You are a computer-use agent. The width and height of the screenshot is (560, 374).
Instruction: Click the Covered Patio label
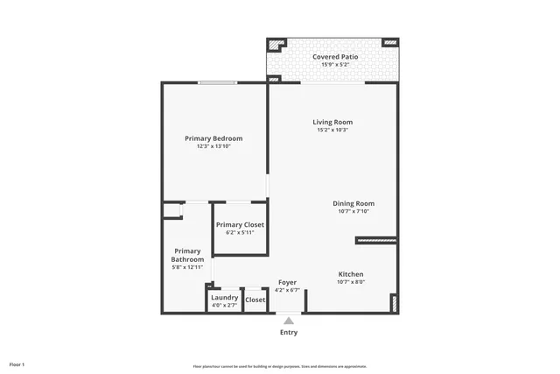(335, 56)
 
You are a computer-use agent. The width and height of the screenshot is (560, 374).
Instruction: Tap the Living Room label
(332, 122)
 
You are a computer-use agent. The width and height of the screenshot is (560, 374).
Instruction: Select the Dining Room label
(355, 203)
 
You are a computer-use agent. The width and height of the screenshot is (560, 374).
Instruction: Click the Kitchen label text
(351, 274)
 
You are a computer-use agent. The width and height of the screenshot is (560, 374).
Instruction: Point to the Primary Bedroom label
(213, 138)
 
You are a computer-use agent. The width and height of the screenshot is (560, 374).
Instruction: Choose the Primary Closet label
(240, 225)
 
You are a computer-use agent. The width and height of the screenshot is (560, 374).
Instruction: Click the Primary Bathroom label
(188, 255)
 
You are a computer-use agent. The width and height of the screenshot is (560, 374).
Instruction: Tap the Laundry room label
(225, 298)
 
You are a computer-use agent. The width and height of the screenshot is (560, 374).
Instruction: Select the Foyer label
(287, 282)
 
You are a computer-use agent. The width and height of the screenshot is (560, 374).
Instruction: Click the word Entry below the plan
(289, 332)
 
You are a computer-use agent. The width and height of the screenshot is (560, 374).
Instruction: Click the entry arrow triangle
(289, 321)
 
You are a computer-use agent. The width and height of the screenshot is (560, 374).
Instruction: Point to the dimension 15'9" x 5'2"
(335, 65)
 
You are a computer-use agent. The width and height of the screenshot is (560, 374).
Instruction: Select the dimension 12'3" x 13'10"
(213, 147)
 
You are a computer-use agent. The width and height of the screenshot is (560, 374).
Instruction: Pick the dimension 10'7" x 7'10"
(355, 211)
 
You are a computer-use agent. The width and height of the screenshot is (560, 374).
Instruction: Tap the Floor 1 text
(17, 363)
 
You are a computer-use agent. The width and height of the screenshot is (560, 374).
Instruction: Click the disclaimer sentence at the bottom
(280, 366)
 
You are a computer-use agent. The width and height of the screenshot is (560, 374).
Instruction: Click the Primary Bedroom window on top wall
(216, 83)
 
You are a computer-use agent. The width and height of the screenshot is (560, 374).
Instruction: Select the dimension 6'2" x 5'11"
(240, 233)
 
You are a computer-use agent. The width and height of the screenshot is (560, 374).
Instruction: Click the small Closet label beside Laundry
(255, 300)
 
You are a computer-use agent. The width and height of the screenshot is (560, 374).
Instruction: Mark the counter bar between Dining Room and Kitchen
(376, 240)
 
